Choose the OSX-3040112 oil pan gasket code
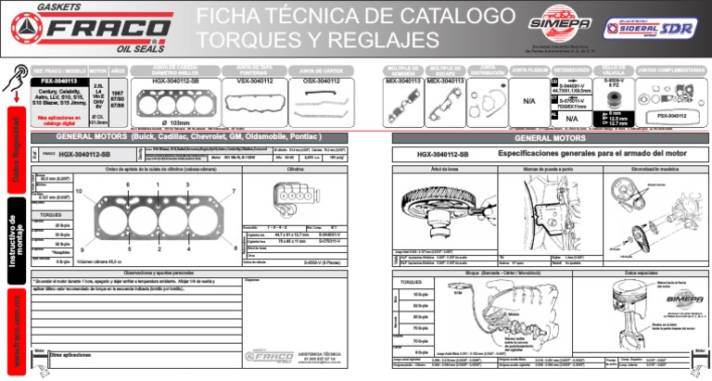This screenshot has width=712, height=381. coord(321,81)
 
